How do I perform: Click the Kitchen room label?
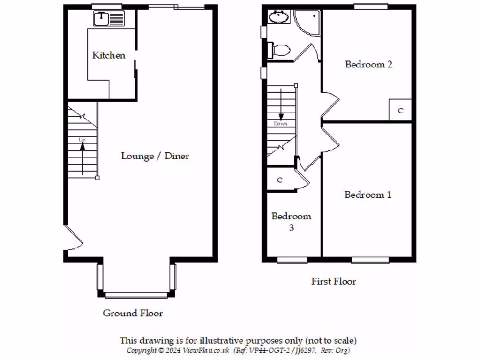[x=109, y=55]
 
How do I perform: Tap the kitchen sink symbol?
[x=109, y=19]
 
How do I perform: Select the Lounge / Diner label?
[x=155, y=156]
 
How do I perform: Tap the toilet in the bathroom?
[x=280, y=50]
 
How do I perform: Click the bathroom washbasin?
[x=279, y=18]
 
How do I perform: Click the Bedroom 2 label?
[x=368, y=65]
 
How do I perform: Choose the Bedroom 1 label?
[x=368, y=195]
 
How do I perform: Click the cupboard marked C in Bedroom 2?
[x=400, y=111]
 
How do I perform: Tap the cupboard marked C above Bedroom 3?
[x=280, y=180]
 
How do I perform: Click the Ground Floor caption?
[x=133, y=313]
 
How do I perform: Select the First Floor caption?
[x=334, y=281]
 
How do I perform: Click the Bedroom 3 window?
[x=292, y=260]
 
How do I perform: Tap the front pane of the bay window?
[x=136, y=295]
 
